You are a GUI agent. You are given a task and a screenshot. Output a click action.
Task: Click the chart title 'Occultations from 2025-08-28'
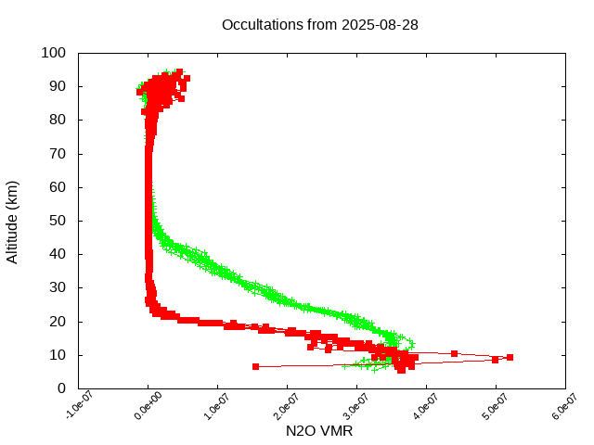click(320, 24)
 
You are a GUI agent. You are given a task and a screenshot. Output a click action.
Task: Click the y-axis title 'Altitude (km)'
click(13, 221)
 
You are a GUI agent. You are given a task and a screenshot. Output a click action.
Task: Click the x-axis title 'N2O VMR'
click(319, 431)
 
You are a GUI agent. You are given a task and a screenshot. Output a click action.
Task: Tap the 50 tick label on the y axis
click(57, 221)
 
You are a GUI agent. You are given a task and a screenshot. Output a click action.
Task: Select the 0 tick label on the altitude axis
click(60, 388)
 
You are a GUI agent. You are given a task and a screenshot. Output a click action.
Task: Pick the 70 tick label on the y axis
click(57, 153)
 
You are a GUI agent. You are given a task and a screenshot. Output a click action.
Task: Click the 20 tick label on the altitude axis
click(57, 321)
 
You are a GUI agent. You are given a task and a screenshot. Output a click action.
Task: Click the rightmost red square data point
click(510, 357)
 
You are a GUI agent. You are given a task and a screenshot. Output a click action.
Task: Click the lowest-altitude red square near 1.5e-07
click(255, 366)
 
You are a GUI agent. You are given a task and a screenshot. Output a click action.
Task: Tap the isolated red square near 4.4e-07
click(454, 353)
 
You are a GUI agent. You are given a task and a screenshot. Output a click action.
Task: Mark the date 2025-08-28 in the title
click(380, 24)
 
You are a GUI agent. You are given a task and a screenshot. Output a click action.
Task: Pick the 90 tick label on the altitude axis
click(57, 86)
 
